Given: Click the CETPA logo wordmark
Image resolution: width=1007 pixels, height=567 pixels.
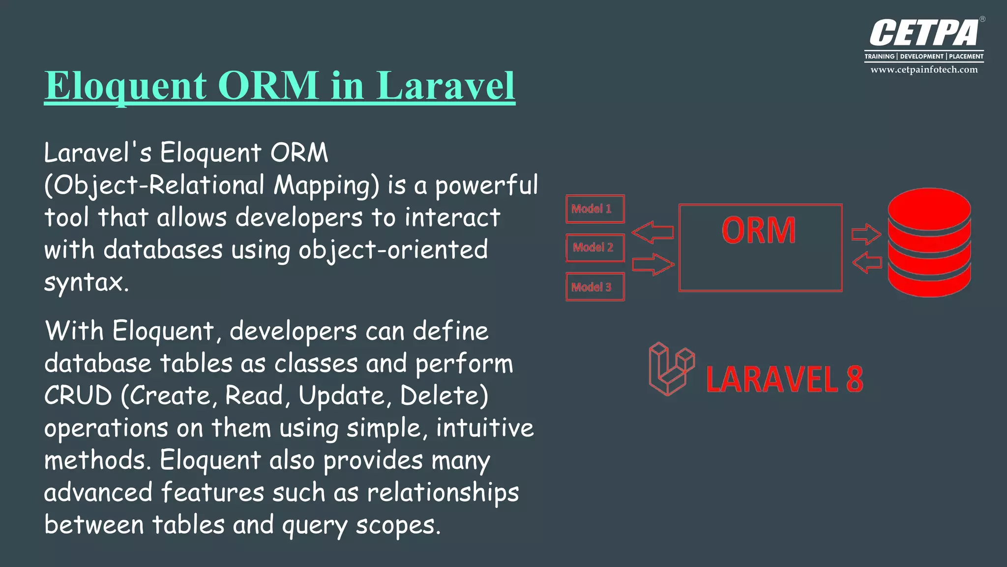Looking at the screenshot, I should (x=924, y=33).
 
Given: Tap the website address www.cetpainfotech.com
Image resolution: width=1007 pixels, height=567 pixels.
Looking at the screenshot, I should (x=924, y=70).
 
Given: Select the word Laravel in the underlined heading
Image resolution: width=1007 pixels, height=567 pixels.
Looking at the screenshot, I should (x=445, y=86).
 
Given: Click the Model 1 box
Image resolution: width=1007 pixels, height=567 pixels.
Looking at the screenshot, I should (x=595, y=209).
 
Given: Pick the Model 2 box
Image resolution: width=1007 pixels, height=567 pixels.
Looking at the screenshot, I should (x=595, y=248).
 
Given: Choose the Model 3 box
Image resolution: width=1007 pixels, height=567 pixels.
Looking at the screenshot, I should (x=595, y=287).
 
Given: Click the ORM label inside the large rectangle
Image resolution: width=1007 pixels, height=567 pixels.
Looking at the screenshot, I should (x=759, y=230).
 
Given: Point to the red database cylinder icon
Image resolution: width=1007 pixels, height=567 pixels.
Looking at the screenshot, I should (x=929, y=242).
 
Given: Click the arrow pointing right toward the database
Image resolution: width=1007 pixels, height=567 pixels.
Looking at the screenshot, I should (x=866, y=234).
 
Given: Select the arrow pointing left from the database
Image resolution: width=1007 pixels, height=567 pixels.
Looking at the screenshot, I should (x=867, y=262).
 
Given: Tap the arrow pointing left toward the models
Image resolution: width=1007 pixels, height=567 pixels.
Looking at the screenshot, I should (x=652, y=232).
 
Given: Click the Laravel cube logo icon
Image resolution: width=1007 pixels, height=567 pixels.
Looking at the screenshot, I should (x=671, y=369).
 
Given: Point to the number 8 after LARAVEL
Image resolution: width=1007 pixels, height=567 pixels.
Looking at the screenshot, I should (x=855, y=379).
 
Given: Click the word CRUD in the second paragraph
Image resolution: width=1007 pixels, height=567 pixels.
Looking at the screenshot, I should (x=78, y=396).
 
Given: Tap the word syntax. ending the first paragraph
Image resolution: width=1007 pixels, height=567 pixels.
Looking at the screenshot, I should (x=87, y=283).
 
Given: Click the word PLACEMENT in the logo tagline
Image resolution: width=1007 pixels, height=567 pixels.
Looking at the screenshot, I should (x=966, y=57).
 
